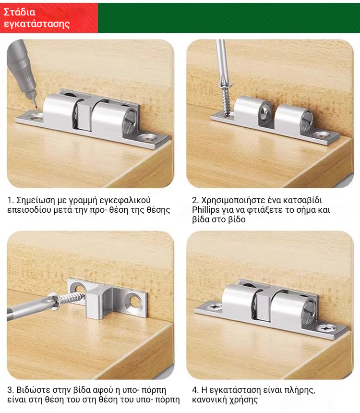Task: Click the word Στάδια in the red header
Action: (x=20, y=12)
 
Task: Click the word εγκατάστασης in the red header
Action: (x=37, y=24)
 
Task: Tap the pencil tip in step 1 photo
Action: (x=35, y=106)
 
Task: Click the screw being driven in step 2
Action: (x=226, y=98)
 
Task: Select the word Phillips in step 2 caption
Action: (x=205, y=210)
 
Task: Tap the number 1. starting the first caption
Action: (x=11, y=200)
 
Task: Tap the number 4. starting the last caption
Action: (x=195, y=390)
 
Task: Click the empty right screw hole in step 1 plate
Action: (x=148, y=137)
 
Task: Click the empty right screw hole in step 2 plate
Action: (x=321, y=135)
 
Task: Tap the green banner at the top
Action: (x=228, y=18)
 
